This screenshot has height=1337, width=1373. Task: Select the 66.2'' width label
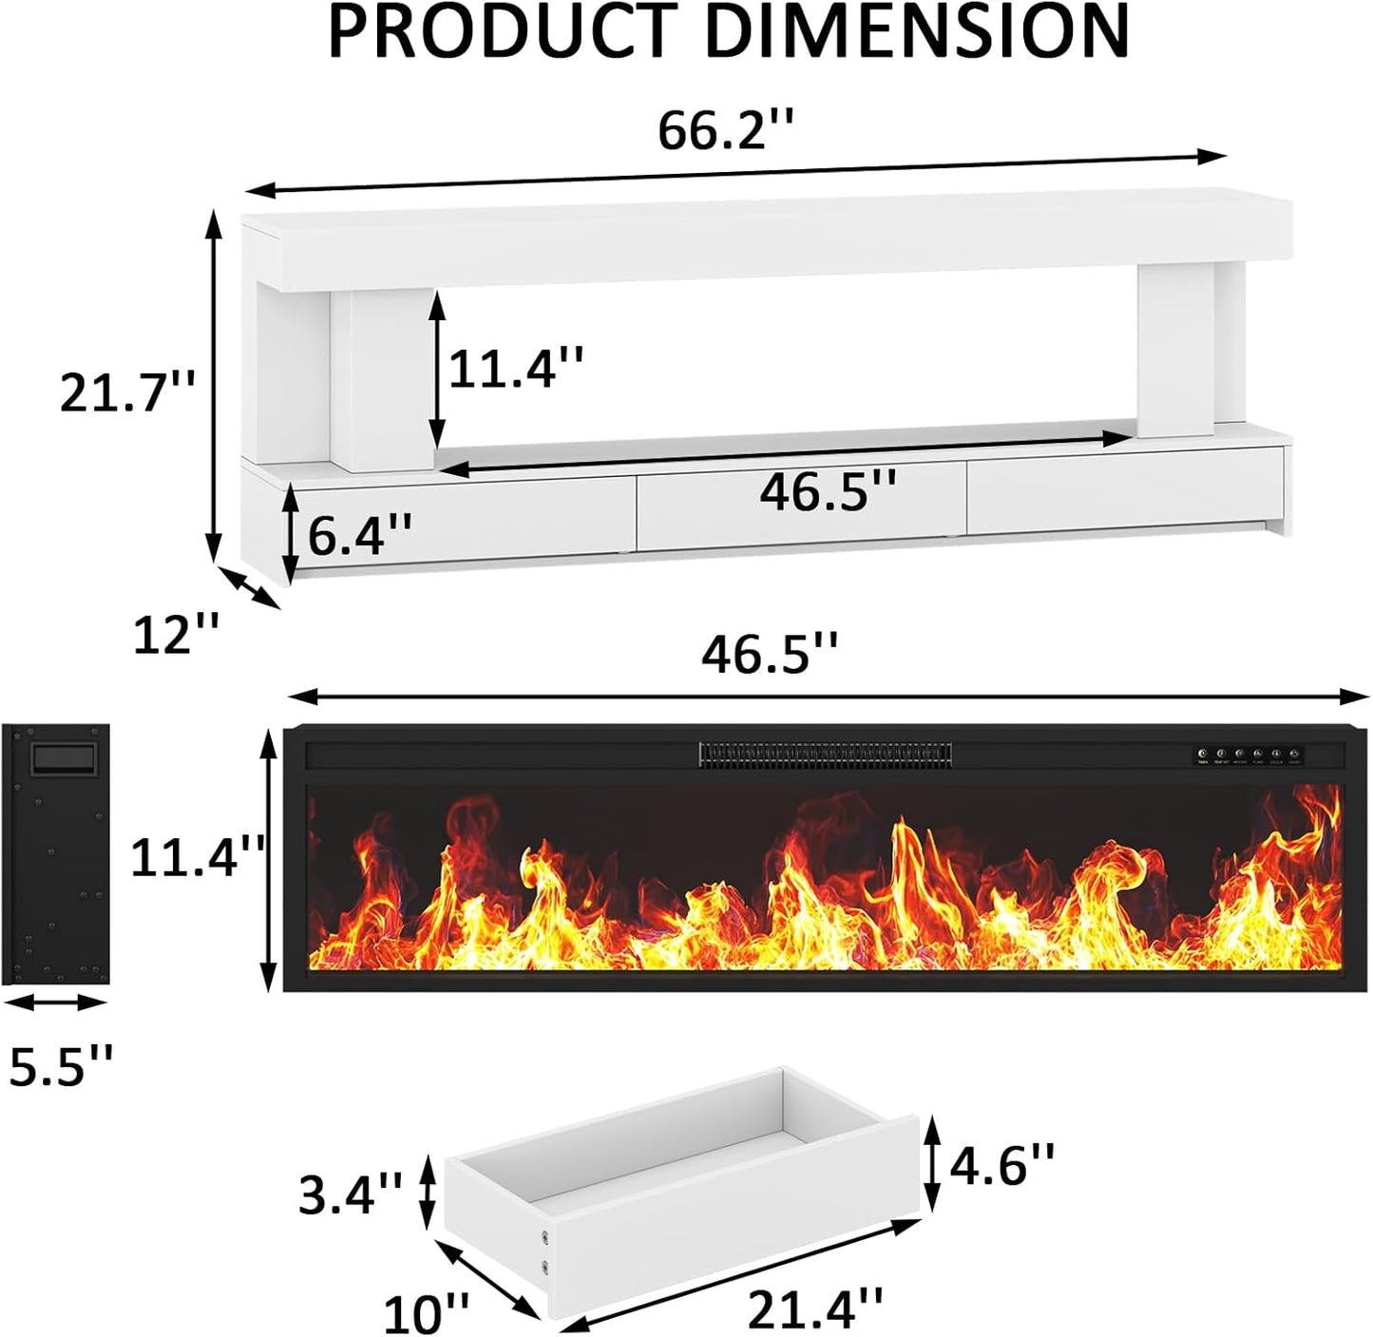pyautogui.click(x=725, y=130)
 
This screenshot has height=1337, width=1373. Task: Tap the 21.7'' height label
pyautogui.click(x=126, y=392)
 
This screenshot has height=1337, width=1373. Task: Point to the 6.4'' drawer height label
pyautogui.click(x=358, y=536)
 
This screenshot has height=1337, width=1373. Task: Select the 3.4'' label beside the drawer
pyautogui.click(x=350, y=1194)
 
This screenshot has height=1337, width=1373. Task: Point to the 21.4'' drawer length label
pyautogui.click(x=815, y=1309)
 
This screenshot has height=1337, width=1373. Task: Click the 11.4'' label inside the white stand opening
pyautogui.click(x=515, y=367)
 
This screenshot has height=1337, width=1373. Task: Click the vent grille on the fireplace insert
pyautogui.click(x=825, y=755)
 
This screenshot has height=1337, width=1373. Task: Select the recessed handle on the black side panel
pyautogui.click(x=64, y=759)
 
